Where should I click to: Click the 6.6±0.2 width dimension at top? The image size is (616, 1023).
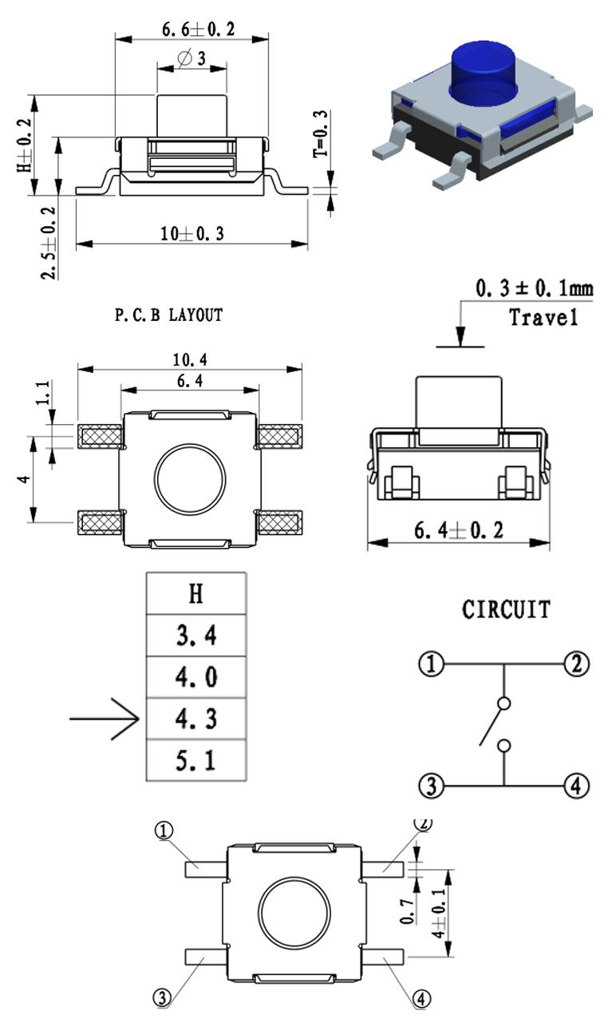[199, 30]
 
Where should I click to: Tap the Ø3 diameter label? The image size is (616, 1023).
[192, 58]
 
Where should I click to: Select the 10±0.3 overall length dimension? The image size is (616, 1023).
[192, 234]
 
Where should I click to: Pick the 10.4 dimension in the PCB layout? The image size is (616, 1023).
[190, 361]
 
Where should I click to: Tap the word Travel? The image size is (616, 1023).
[543, 317]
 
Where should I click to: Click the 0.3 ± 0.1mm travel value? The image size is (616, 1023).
[535, 287]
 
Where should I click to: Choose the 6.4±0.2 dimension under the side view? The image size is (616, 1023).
[458, 531]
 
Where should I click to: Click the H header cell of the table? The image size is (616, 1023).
[195, 593]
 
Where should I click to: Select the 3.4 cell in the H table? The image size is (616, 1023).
[195, 636]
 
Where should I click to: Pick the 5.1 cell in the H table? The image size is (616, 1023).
[195, 761]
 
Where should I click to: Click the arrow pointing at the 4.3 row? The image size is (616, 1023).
[104, 720]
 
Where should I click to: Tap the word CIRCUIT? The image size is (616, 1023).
[506, 610]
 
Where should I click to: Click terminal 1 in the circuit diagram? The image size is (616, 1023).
[431, 664]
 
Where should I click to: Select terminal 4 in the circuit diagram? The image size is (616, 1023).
[577, 786]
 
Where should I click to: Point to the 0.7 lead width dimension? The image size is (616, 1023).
[408, 910]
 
